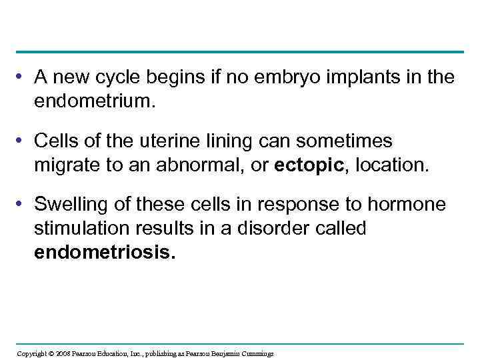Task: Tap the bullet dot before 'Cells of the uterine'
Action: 22,141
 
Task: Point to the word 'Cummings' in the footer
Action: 256,353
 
